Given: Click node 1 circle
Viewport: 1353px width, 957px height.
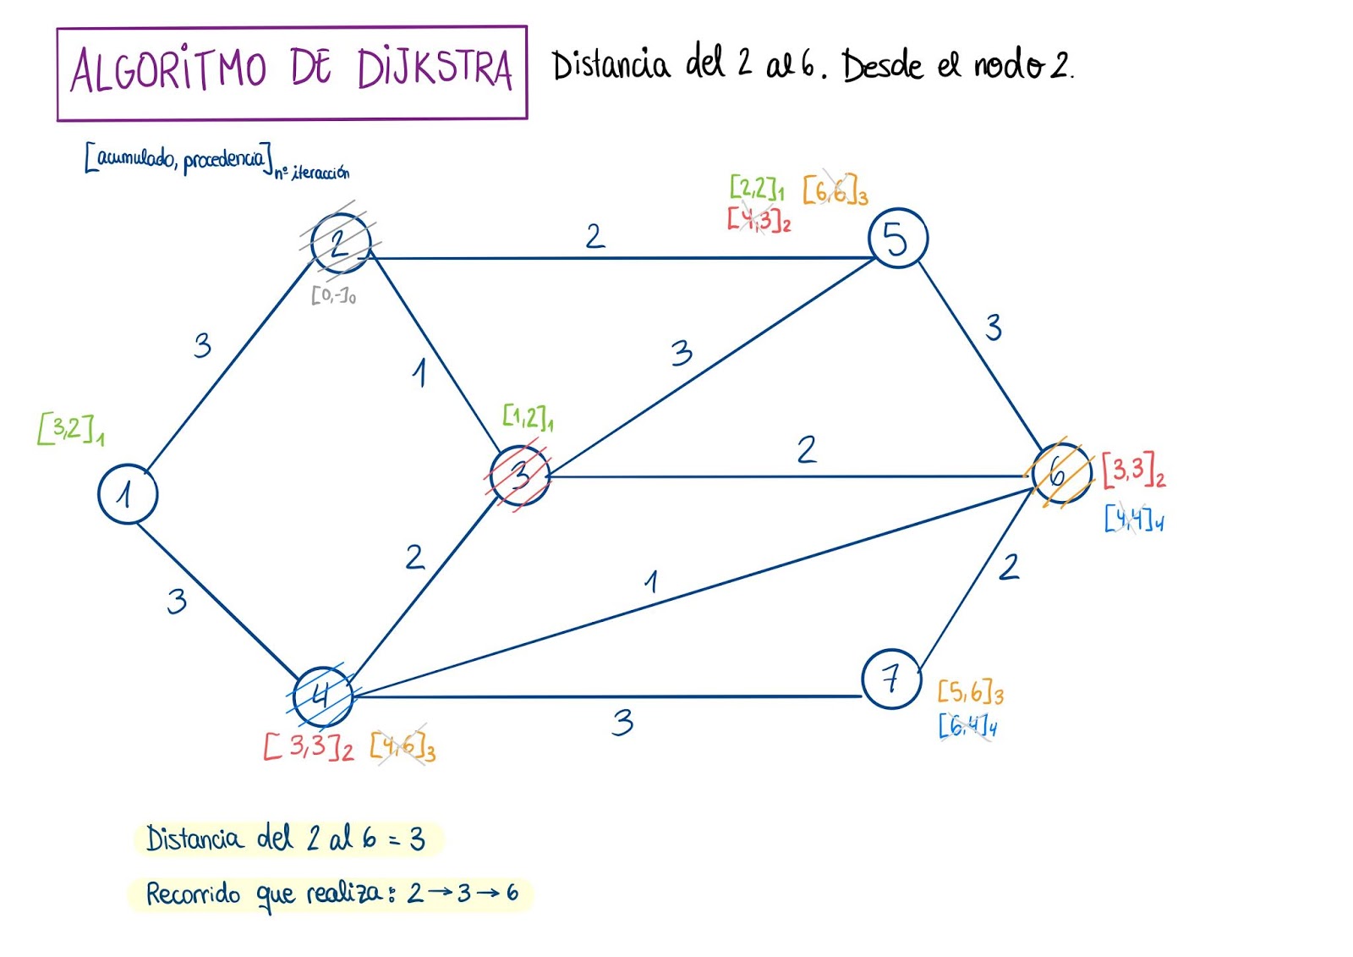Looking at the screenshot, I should (x=128, y=494).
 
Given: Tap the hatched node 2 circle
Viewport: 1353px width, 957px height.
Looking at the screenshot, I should (x=341, y=244).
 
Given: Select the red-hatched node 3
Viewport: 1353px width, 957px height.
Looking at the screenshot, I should (x=520, y=476).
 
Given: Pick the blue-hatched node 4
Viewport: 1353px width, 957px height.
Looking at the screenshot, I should (x=322, y=696).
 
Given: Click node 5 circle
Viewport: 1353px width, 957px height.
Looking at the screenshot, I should (x=897, y=239).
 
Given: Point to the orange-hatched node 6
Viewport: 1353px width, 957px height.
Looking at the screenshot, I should (x=1060, y=474).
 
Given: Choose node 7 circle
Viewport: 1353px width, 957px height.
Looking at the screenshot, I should (x=891, y=679).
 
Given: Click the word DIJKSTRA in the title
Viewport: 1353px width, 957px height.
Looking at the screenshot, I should (x=435, y=69).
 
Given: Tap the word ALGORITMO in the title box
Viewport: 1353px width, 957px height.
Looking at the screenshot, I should (x=169, y=69).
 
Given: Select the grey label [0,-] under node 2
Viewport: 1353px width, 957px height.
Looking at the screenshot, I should (x=333, y=295).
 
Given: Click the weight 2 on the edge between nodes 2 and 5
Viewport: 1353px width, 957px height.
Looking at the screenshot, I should (x=595, y=236).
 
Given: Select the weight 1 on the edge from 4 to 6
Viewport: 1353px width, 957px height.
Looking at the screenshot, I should (x=651, y=581).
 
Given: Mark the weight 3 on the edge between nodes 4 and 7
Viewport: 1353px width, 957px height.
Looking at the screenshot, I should (x=623, y=722).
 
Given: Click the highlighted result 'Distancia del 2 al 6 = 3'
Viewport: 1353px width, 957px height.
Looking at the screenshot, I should (x=286, y=839).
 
